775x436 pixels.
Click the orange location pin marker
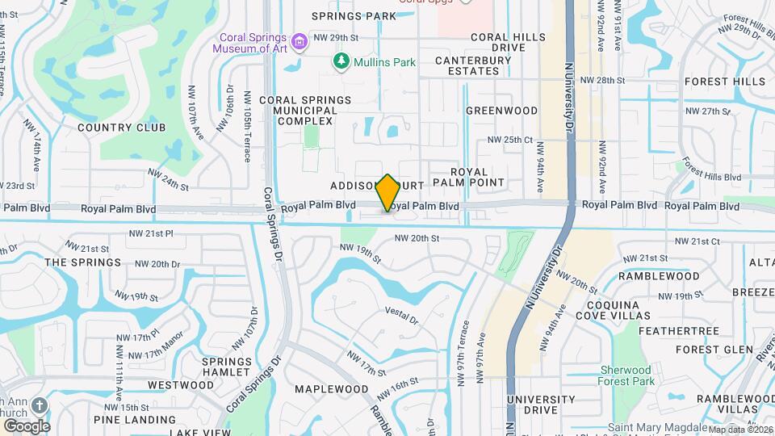[388, 193]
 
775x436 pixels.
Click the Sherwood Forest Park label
[626, 376]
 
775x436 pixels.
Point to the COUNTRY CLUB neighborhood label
[121, 128]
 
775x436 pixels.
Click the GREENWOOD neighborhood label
[501, 111]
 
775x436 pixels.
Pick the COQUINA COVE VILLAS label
[618, 309]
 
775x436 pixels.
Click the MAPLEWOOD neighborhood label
[326, 389]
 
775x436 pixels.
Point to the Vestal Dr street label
[402, 315]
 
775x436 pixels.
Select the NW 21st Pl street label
[151, 234]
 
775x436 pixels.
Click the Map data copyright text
[740, 430]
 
